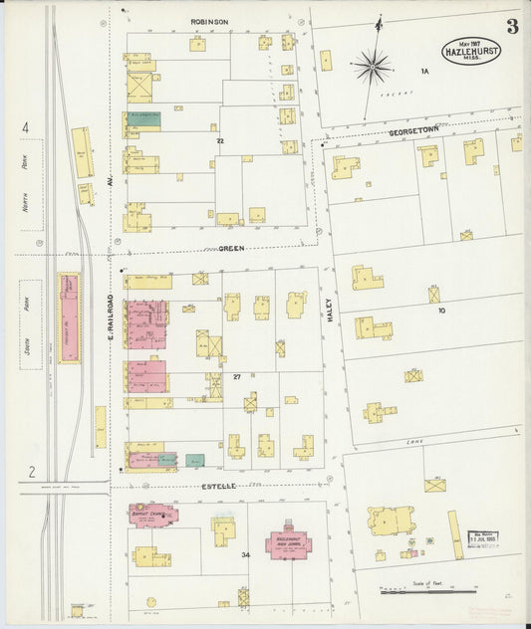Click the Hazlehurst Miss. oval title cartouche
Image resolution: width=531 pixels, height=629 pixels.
471,50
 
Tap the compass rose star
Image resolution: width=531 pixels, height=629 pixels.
373,67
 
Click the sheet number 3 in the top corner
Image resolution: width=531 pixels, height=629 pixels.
511,27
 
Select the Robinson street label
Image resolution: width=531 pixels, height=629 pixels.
209,21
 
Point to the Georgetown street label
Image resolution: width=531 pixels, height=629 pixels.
414,131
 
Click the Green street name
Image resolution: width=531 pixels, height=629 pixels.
231,248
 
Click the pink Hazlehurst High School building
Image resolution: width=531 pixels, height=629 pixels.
288,543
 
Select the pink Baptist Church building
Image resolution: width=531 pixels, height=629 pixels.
152,515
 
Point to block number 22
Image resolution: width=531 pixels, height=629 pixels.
220,141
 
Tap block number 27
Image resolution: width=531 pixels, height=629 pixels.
237,377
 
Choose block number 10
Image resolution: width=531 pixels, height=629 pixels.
440,311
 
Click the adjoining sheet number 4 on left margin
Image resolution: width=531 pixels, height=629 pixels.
26,127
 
